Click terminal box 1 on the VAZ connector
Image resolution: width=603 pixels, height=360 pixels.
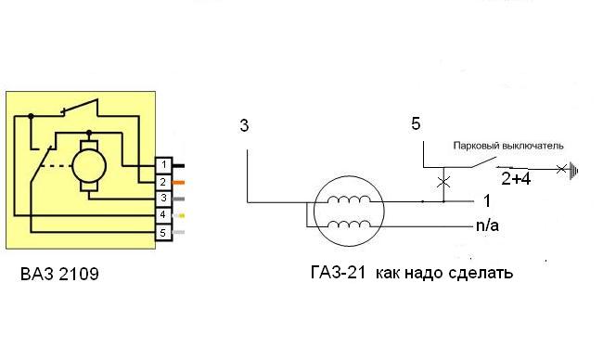[164, 165]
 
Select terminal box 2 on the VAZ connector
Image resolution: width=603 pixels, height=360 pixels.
[164, 182]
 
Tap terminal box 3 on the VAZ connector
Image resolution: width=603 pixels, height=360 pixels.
[164, 199]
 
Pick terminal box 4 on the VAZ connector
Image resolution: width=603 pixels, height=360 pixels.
[164, 215]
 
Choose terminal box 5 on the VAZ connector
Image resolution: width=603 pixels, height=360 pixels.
[164, 232]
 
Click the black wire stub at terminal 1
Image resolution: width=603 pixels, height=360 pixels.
[178, 166]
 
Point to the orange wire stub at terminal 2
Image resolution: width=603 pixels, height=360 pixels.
[178, 182]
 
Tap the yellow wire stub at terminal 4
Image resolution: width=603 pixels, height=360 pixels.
[179, 216]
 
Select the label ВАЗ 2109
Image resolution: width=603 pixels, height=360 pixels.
[59, 275]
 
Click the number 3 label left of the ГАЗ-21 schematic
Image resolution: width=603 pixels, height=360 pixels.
[244, 126]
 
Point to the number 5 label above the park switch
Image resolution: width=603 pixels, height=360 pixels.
[416, 123]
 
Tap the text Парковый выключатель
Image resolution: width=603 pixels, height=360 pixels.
[508, 146]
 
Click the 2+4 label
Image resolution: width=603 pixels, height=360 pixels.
[516, 179]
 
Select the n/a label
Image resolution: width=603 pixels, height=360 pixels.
[487, 225]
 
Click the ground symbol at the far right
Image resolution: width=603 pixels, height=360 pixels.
[573, 170]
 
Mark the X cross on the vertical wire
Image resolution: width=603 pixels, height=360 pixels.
[443, 182]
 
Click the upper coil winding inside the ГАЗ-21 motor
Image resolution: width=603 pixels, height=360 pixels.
[349, 199]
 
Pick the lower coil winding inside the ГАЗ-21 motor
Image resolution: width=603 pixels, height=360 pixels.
[349, 224]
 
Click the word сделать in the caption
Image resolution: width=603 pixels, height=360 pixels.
[481, 273]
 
